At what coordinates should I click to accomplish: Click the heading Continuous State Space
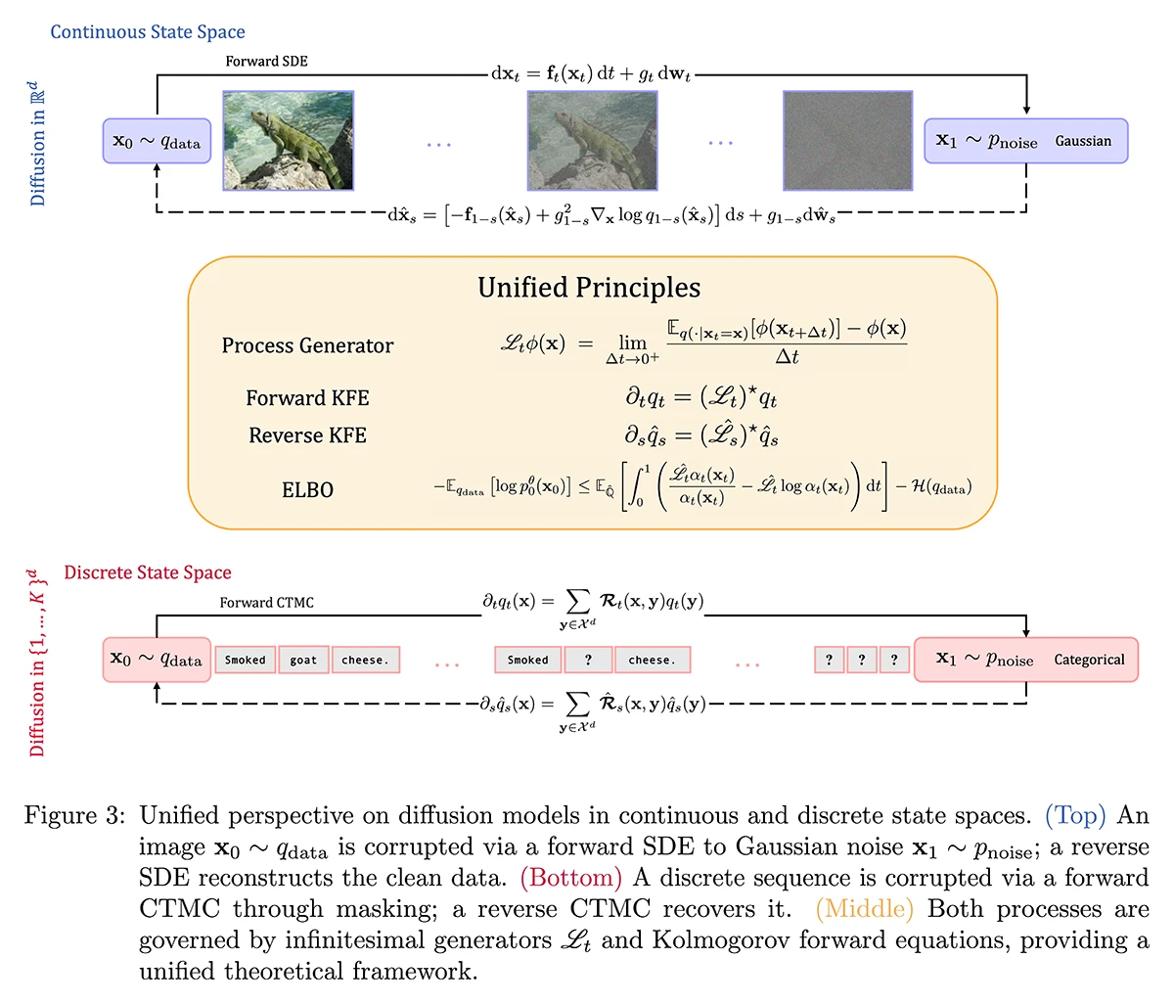[x=148, y=32]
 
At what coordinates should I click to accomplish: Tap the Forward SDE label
[x=266, y=61]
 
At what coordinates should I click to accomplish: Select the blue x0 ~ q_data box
[x=157, y=141]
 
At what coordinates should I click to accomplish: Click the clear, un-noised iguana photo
[x=289, y=141]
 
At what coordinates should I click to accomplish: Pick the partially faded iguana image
[x=592, y=141]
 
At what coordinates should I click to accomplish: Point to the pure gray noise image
[x=847, y=141]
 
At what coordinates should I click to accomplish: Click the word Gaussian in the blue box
[x=1083, y=141]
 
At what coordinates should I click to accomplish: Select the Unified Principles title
[x=589, y=288]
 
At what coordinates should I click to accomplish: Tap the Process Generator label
[x=307, y=345]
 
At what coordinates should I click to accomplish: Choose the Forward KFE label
[x=307, y=398]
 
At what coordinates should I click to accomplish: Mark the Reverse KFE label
[x=307, y=435]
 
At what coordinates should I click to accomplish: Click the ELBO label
[x=307, y=489]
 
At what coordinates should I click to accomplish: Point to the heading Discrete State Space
[x=148, y=572]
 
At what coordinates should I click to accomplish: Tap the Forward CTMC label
[x=266, y=603]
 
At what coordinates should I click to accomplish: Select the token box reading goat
[x=303, y=661]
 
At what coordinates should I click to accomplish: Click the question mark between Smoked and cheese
[x=588, y=661]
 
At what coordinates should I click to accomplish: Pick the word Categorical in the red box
[x=1089, y=660]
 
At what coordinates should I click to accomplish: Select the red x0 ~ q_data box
[x=157, y=660]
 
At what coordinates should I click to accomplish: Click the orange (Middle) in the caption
[x=864, y=909]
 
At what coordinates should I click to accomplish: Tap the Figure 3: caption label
[x=74, y=816]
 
